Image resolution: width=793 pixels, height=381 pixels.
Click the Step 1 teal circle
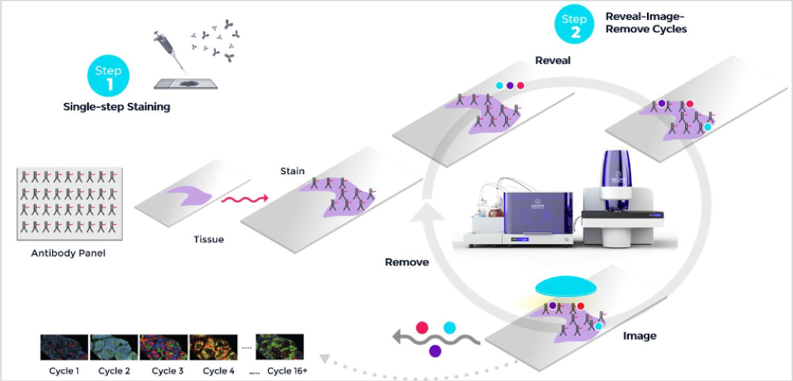(x=108, y=76)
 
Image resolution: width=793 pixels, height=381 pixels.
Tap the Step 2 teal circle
(x=573, y=25)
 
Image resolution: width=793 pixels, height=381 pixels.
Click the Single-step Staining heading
(x=117, y=106)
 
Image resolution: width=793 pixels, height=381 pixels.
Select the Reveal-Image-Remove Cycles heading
(x=646, y=22)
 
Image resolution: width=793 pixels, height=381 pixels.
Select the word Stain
(x=293, y=170)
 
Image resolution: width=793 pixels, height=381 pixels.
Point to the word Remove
(x=407, y=262)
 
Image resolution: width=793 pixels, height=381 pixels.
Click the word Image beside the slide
(x=639, y=336)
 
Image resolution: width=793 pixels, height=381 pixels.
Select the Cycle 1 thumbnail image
(x=64, y=349)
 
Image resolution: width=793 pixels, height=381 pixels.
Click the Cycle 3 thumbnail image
(x=163, y=349)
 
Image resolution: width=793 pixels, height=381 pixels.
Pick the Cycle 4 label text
(x=220, y=371)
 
